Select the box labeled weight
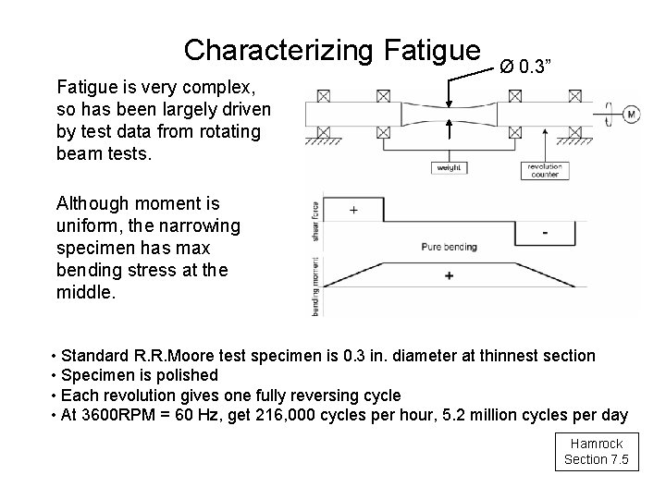[449, 168]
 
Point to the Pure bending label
[450, 247]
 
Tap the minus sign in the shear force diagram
[544, 232]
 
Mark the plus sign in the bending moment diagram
[450, 276]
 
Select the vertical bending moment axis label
[314, 286]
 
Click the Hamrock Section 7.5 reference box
[598, 452]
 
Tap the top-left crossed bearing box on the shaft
[325, 95]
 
